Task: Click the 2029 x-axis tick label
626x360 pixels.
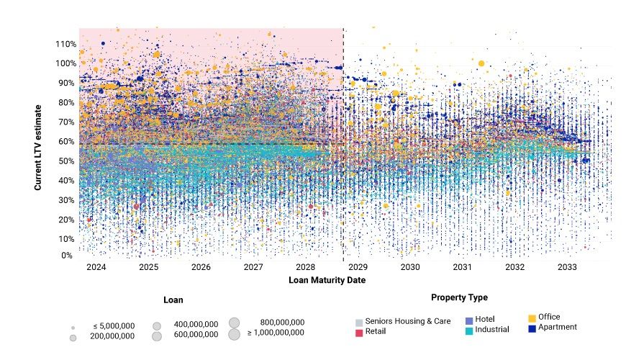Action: (358, 266)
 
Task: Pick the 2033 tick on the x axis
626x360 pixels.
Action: (567, 266)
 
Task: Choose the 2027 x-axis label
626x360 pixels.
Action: (253, 266)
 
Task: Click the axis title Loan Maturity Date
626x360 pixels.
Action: (327, 279)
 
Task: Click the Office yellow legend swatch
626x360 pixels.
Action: (532, 318)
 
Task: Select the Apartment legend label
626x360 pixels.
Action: (558, 328)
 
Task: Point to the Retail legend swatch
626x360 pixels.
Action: (358, 333)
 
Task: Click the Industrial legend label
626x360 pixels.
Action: (492, 330)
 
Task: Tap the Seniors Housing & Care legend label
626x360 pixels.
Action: (409, 321)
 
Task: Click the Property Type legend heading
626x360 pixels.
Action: (459, 297)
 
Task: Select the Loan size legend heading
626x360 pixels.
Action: (173, 300)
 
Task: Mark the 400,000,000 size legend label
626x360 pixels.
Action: (196, 325)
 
